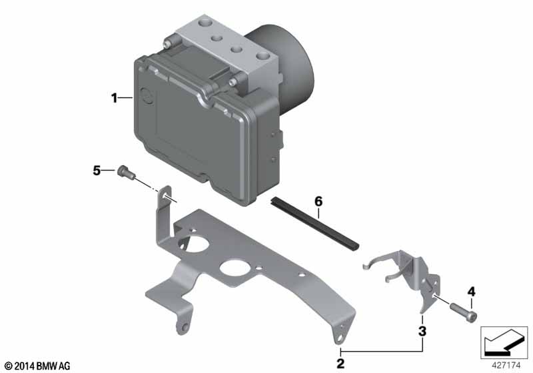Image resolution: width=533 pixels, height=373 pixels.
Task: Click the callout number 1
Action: [x=114, y=98]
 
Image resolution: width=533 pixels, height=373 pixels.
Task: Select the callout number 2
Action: [x=340, y=364]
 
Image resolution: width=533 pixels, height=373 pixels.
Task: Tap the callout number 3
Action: [x=422, y=331]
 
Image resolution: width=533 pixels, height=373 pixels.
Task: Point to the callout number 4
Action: [x=472, y=292]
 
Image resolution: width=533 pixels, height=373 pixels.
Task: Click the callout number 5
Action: [x=97, y=171]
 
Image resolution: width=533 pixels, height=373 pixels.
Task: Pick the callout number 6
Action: [x=318, y=201]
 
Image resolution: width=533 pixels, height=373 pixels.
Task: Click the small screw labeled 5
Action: [x=126, y=172]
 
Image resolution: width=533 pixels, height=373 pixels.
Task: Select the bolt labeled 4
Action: [x=464, y=312]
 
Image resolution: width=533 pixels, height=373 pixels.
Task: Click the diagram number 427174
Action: [x=506, y=366]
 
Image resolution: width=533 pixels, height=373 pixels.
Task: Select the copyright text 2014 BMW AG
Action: [x=38, y=366]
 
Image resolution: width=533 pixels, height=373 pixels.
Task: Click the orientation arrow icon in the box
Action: [x=504, y=342]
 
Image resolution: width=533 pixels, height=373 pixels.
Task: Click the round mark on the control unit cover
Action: [x=147, y=97]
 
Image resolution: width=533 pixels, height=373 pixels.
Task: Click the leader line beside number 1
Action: [x=126, y=98]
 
